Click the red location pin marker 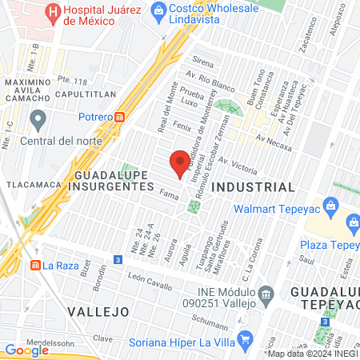click(180, 162)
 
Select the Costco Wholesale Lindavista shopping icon click(158, 10)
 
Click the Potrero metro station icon click(120, 116)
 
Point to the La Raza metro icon click(35, 265)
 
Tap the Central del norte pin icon click(37, 121)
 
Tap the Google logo click(26, 350)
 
